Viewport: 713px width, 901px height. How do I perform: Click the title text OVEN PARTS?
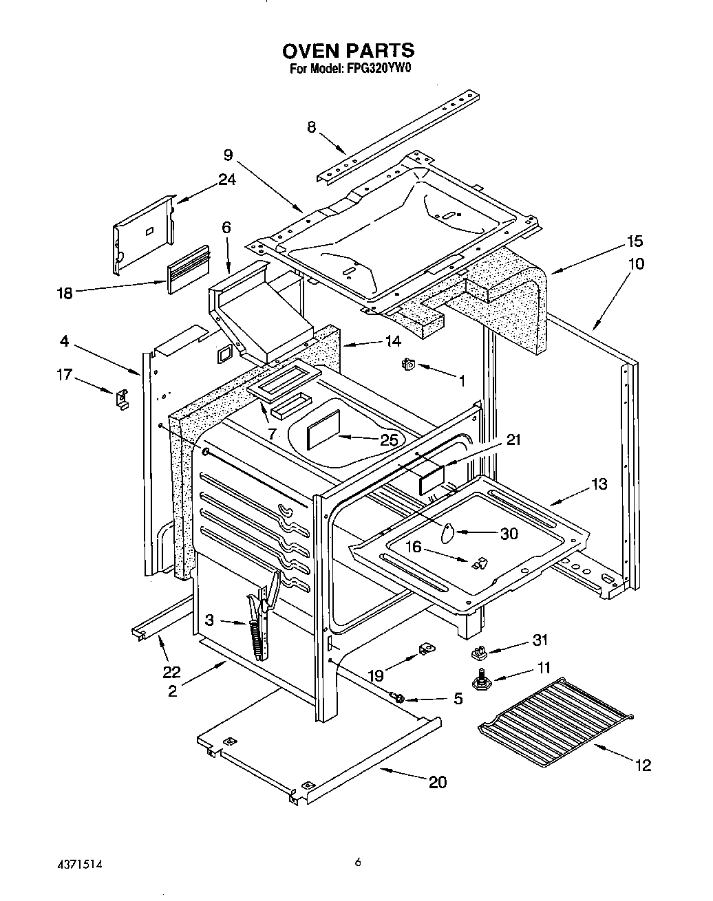tap(348, 50)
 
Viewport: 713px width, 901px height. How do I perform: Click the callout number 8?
tap(311, 127)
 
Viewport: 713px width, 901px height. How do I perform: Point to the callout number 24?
tap(226, 180)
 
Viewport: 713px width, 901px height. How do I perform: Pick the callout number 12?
tap(643, 764)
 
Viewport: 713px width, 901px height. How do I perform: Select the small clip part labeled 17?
tap(121, 398)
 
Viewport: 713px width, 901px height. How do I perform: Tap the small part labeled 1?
tap(407, 364)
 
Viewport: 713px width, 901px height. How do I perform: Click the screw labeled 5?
tap(398, 697)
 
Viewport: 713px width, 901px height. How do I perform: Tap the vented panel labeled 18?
tap(187, 268)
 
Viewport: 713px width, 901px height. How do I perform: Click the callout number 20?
tap(437, 781)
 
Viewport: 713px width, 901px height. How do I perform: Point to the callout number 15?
tap(634, 241)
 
